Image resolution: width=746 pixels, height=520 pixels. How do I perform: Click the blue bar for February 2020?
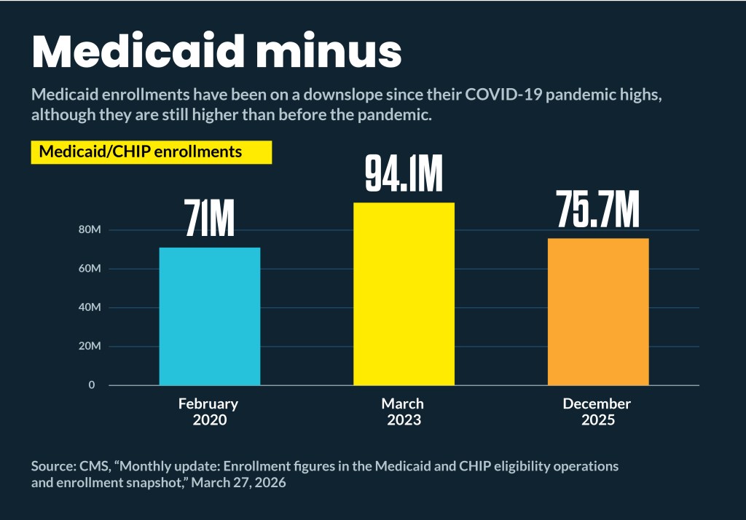coord(210,316)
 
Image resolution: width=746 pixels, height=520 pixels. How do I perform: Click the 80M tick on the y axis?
coord(89,230)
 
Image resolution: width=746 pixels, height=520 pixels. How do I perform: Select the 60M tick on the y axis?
coord(89,269)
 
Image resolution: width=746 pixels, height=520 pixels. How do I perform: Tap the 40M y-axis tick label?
coord(89,307)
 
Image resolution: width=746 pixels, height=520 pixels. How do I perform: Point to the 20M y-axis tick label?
coord(89,347)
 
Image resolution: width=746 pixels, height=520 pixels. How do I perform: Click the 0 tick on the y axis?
coord(92,385)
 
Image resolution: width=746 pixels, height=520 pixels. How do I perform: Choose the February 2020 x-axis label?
coord(209,411)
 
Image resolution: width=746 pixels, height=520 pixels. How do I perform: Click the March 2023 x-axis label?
coord(403,411)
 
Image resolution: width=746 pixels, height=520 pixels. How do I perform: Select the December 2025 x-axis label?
coord(597,411)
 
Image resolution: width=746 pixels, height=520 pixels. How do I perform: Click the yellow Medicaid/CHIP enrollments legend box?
coord(151,152)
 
